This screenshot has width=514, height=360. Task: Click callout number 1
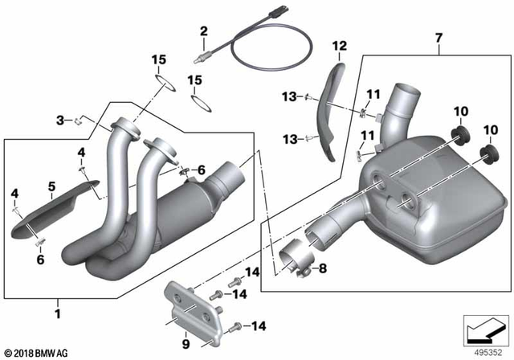click(x=56, y=307)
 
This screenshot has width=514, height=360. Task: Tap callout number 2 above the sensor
click(x=203, y=31)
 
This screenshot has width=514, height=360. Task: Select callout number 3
click(x=59, y=121)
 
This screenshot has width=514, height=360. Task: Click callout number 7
click(x=439, y=38)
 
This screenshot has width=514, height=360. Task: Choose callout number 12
click(x=338, y=45)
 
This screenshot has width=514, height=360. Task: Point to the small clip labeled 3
click(x=79, y=121)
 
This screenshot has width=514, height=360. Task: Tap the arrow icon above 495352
click(x=483, y=329)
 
